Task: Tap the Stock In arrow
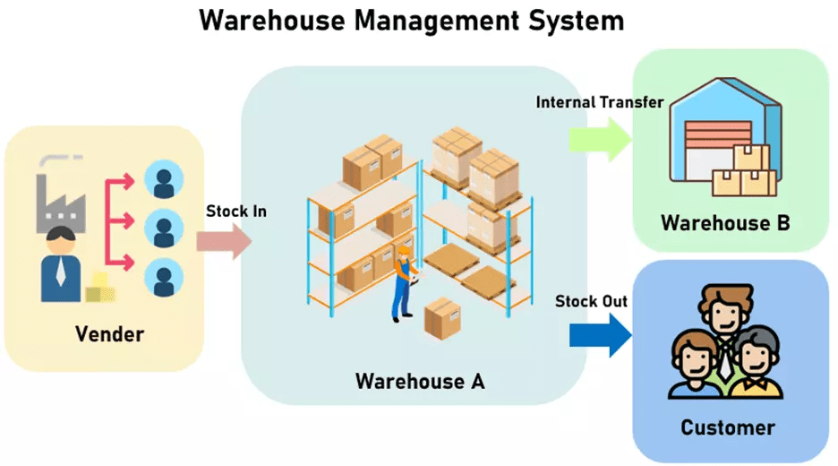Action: pyautogui.click(x=223, y=241)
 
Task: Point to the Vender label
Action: pyautogui.click(x=109, y=335)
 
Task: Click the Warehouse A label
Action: pyautogui.click(x=420, y=381)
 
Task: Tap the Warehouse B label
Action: pyautogui.click(x=725, y=223)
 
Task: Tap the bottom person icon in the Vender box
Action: pyautogui.click(x=163, y=276)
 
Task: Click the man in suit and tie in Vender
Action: pyautogui.click(x=61, y=265)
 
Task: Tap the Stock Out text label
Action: pyautogui.click(x=590, y=301)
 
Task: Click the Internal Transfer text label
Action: pyautogui.click(x=599, y=102)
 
